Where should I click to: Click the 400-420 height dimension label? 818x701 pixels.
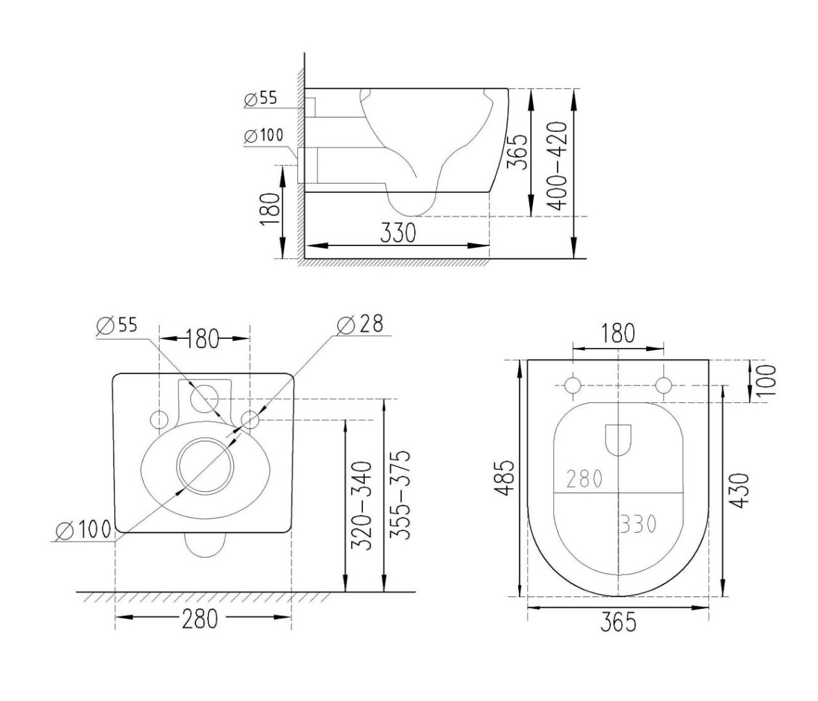click(x=557, y=166)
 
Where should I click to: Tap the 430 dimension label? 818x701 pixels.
click(x=739, y=490)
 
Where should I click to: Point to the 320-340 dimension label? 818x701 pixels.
click(x=362, y=506)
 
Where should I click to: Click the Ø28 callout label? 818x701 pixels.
click(x=360, y=324)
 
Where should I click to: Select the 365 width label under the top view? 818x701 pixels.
click(x=618, y=622)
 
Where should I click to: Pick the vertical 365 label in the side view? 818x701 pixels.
click(x=517, y=153)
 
